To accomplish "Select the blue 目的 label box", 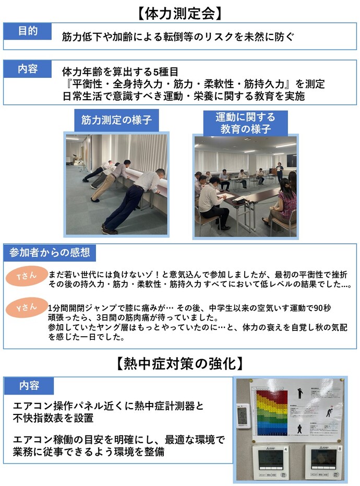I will click(x=28, y=31).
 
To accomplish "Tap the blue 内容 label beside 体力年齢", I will click(x=28, y=68).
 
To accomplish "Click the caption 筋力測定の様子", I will click(x=116, y=121).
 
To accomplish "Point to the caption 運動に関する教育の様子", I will click(x=245, y=123).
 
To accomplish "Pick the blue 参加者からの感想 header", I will click(x=50, y=253).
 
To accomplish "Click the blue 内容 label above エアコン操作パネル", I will click(x=29, y=386).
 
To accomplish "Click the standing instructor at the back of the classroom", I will click(x=280, y=172).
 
